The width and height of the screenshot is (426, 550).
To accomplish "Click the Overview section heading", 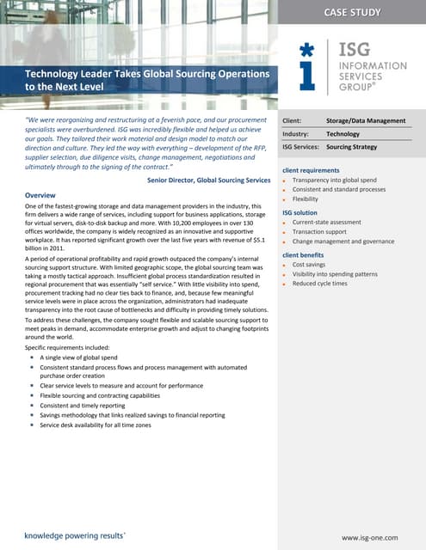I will pos(41,195).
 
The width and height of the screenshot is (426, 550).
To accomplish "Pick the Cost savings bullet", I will pos(309,265).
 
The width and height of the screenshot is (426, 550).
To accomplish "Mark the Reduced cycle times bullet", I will pos(320,284).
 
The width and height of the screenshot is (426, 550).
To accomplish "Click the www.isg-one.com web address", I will pos(370,537).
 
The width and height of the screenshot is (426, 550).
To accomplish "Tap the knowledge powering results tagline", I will pos(74,535).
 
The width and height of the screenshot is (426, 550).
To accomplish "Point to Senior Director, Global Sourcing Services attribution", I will pos(208,180).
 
